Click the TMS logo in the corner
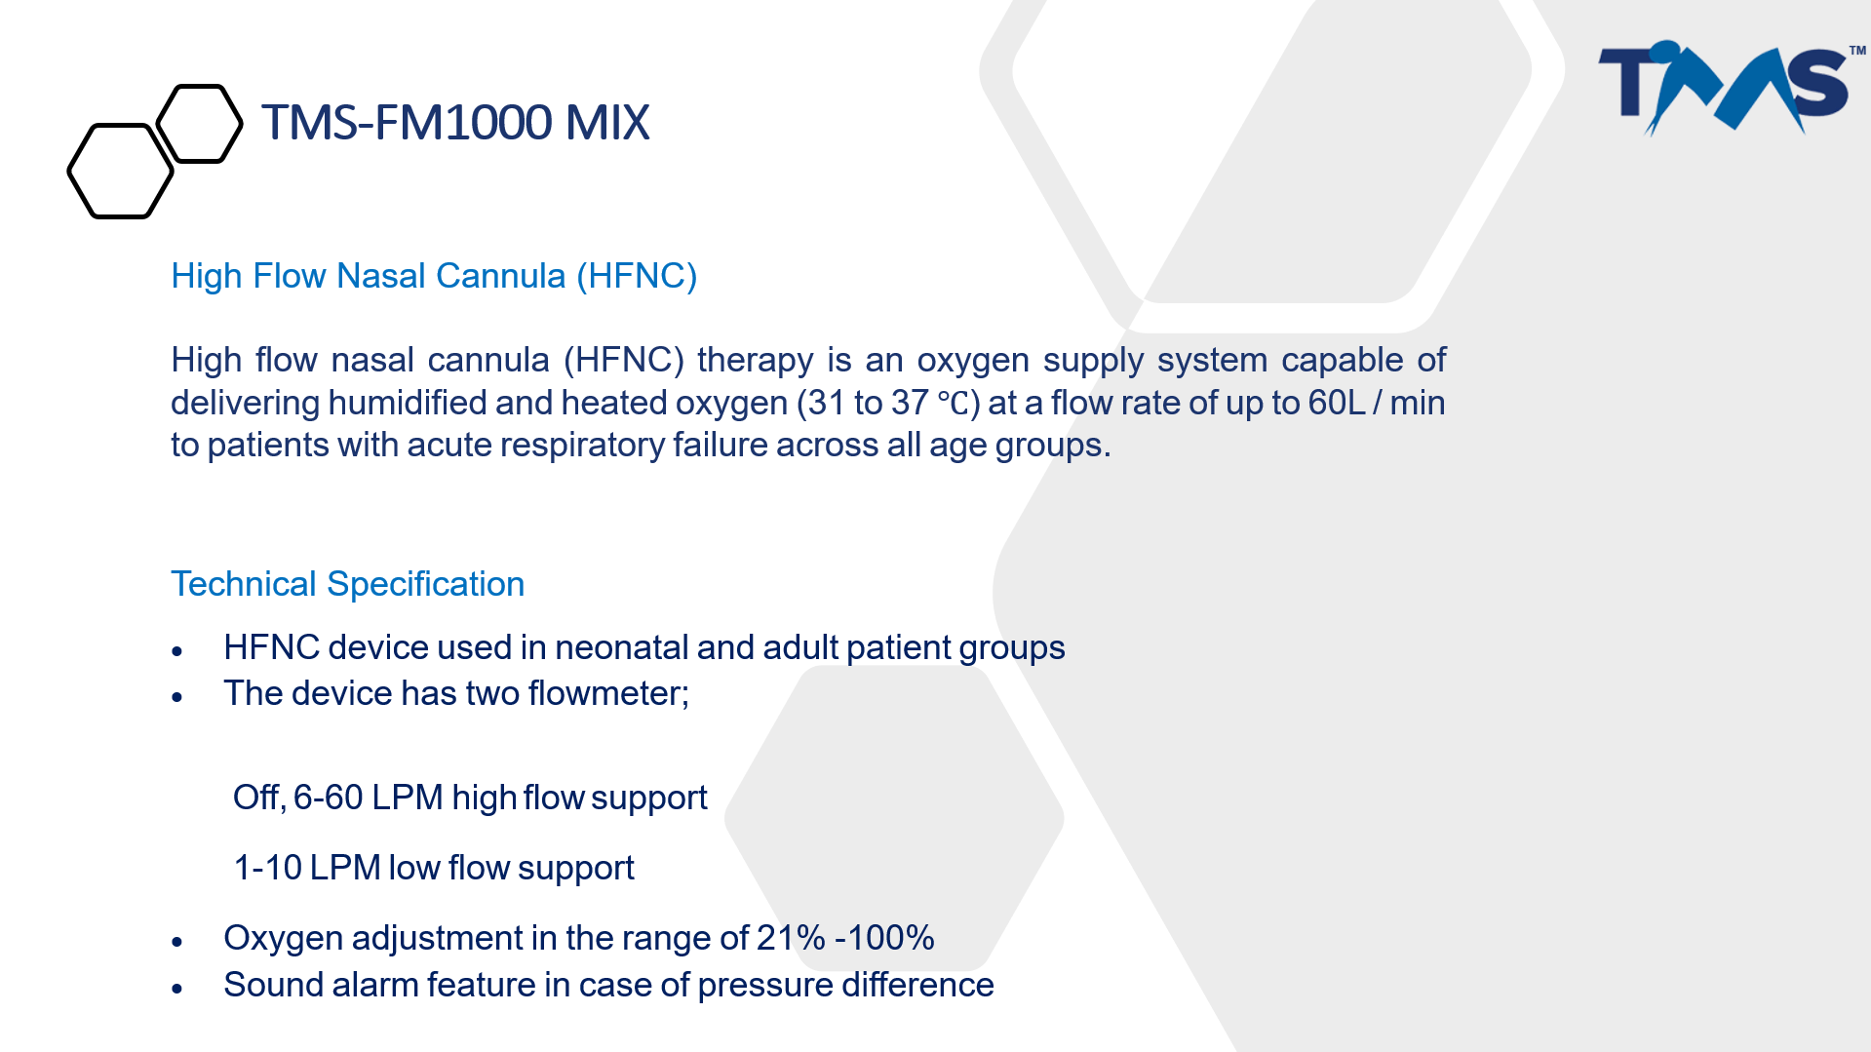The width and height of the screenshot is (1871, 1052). coord(1732,88)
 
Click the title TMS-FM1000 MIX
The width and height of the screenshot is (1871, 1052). coord(455,123)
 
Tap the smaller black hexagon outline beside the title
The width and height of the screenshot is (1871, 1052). coord(199,123)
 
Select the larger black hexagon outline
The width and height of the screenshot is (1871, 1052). coord(120,171)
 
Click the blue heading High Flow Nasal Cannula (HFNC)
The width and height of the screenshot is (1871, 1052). coord(434,276)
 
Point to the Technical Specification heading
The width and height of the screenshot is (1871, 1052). coord(348,584)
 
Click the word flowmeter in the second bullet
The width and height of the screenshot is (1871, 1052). coord(604,693)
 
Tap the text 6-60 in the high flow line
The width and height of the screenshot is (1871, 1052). coord(328,798)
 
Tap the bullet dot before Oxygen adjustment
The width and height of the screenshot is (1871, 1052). coord(176,942)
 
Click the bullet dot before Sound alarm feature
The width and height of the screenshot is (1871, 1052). coord(176,989)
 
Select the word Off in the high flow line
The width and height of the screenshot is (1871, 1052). coord(256,798)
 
